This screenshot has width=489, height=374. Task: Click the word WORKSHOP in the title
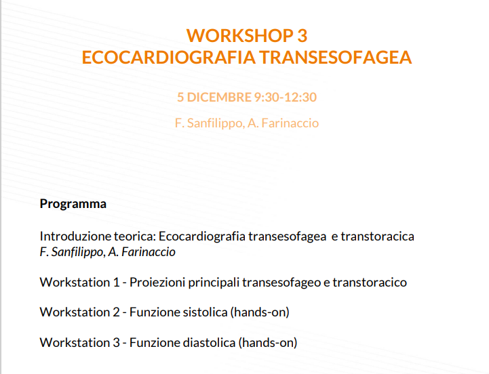pos(240,35)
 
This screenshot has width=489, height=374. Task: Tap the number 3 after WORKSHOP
pos(302,35)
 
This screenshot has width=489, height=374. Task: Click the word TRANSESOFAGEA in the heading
pos(336,58)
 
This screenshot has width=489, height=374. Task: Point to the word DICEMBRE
pos(219,98)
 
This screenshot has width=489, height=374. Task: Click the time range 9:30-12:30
pos(286,98)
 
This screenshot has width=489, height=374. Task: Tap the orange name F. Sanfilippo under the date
pos(210,123)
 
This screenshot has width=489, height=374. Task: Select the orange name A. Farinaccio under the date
pos(283,123)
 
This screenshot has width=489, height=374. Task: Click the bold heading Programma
pos(73,204)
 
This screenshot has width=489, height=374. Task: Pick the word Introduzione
pos(75,236)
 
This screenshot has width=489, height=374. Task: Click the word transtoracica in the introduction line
pos(377,236)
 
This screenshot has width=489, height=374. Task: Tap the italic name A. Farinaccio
pos(142,252)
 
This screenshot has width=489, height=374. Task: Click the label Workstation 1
pos(80,283)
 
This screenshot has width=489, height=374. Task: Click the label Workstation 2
pos(80,312)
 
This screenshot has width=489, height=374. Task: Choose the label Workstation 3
pos(80,343)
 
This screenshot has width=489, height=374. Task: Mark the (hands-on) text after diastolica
pos(268,343)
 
